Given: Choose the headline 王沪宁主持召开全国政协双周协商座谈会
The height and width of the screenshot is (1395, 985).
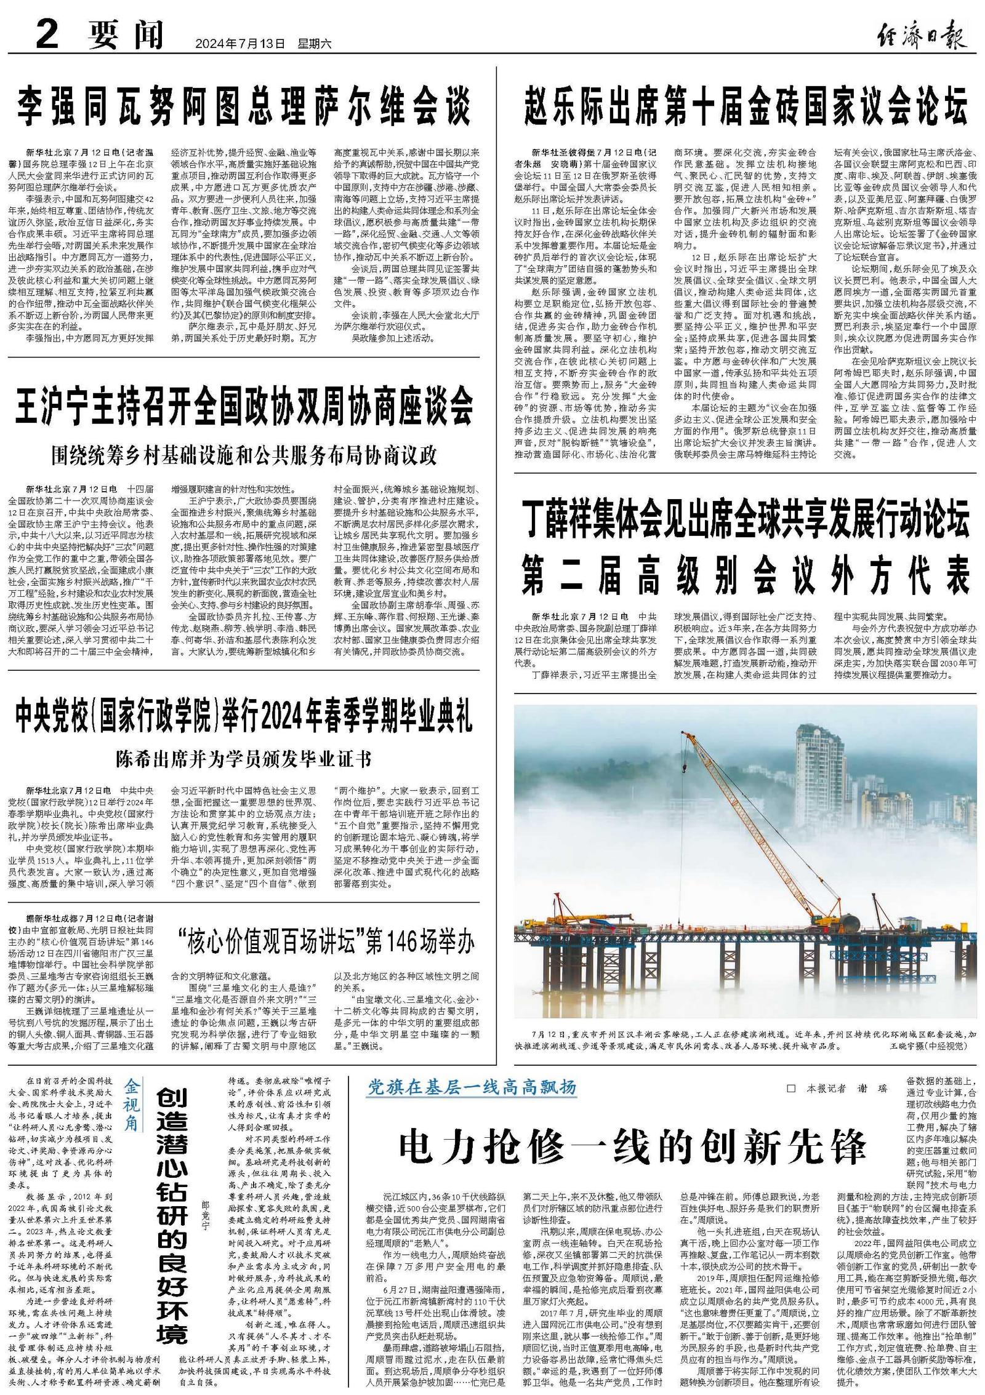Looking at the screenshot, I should [x=243, y=406].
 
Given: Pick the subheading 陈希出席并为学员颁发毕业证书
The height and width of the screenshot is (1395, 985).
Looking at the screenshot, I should [x=243, y=759].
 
